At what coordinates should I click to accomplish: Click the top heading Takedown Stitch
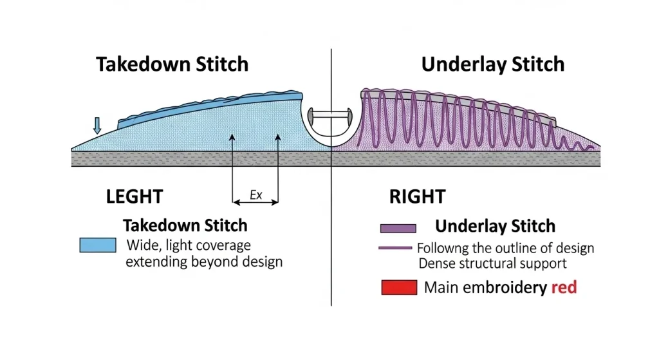(x=172, y=64)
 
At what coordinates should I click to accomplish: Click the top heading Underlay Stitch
(x=492, y=64)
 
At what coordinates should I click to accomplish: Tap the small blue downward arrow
(x=97, y=125)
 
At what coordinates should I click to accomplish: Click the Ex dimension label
(x=255, y=194)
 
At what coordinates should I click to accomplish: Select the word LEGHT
(x=134, y=196)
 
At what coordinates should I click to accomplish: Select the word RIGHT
(x=417, y=196)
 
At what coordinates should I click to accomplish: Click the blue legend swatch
(x=98, y=245)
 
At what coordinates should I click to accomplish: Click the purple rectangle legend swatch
(x=398, y=228)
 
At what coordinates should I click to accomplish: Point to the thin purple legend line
(x=395, y=248)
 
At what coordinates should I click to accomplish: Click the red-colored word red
(x=564, y=287)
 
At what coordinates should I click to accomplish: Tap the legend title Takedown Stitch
(x=185, y=225)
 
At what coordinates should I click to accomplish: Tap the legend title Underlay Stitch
(x=495, y=226)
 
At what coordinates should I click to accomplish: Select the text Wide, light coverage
(x=189, y=245)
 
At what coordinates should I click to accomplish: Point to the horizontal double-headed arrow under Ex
(x=255, y=202)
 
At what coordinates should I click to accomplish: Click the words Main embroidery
(x=485, y=287)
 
